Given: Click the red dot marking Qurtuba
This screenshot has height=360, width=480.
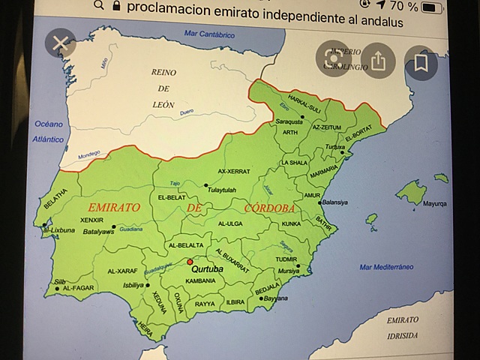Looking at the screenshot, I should (x=190, y=262).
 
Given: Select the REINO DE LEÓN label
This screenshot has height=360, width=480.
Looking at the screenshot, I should (x=163, y=87).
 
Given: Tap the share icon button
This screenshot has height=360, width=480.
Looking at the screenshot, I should (x=378, y=61).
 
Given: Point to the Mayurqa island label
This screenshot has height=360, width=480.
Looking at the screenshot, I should (x=436, y=203).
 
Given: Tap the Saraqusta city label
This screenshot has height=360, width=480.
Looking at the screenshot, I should (x=289, y=121).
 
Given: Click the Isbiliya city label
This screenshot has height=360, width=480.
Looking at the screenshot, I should (x=135, y=285).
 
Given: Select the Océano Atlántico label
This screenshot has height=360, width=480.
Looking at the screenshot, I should (x=48, y=132).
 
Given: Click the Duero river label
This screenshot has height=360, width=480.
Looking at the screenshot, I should (x=187, y=113).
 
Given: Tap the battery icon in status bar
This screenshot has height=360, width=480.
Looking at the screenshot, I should (x=433, y=7).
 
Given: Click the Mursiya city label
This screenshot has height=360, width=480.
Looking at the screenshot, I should (x=288, y=270).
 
